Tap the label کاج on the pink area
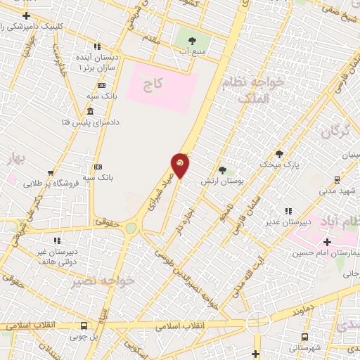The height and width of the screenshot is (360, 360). pyautogui.click(x=153, y=85)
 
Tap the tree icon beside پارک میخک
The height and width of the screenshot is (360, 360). pyautogui.click(x=279, y=154)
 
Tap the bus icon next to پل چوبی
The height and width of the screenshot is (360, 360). pyautogui.click(x=84, y=326)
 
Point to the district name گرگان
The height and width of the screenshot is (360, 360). pyautogui.click(x=335, y=131)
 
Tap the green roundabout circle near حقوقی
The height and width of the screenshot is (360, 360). pyautogui.click(x=131, y=228)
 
